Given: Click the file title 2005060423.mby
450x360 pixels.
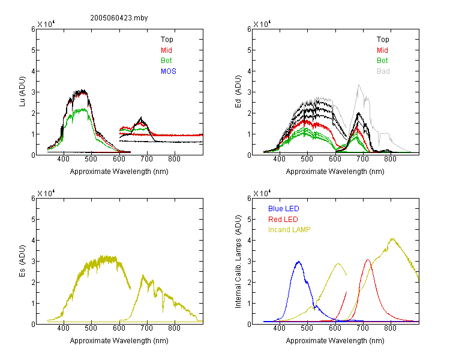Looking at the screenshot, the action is (x=119, y=18).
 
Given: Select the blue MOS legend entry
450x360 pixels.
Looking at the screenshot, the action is (x=169, y=71).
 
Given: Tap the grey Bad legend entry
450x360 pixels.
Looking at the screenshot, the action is (x=383, y=71).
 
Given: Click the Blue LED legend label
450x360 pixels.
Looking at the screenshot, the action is (x=284, y=209).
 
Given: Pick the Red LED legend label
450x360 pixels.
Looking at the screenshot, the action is (x=283, y=220).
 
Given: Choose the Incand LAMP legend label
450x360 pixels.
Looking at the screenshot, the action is (x=289, y=230).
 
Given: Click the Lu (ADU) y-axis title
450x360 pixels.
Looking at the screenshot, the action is (x=22, y=92).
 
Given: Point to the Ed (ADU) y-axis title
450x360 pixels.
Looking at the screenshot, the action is (x=238, y=92).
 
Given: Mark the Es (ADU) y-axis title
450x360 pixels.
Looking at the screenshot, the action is (x=22, y=261).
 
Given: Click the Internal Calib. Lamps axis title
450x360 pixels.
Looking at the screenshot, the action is (x=238, y=262).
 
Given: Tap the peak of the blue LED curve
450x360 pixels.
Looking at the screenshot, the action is (x=299, y=262).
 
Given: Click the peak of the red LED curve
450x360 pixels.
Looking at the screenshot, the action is (x=368, y=260).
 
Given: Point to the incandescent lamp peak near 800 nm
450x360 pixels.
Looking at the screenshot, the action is (x=392, y=238).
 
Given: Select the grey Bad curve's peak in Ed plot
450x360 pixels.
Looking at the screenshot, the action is (x=359, y=85).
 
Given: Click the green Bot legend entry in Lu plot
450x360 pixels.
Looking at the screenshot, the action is (x=166, y=61).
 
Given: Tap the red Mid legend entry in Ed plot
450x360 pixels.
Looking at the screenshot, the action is (x=382, y=50).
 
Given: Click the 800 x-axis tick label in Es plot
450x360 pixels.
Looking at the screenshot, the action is (x=174, y=328).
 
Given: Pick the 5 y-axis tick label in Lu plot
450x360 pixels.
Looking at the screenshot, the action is (x=33, y=50).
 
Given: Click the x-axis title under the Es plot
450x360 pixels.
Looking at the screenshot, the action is (x=119, y=341).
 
